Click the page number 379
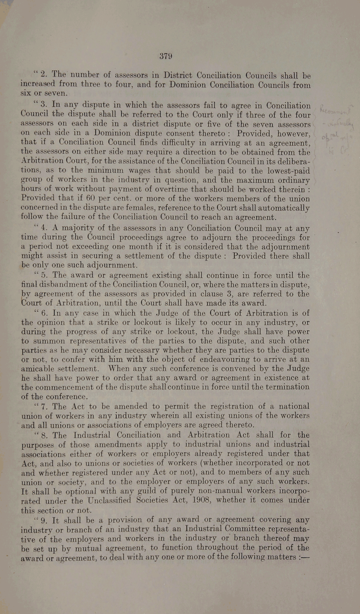tap(166, 56)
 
